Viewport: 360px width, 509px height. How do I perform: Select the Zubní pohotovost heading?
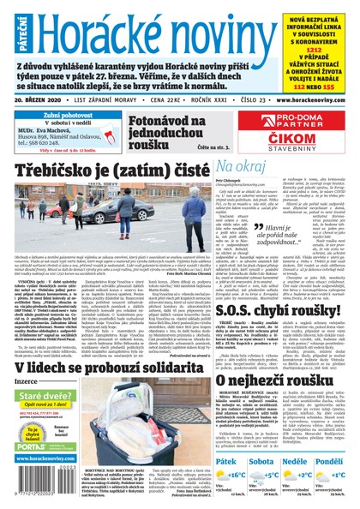pyautogui.click(x=50, y=114)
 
